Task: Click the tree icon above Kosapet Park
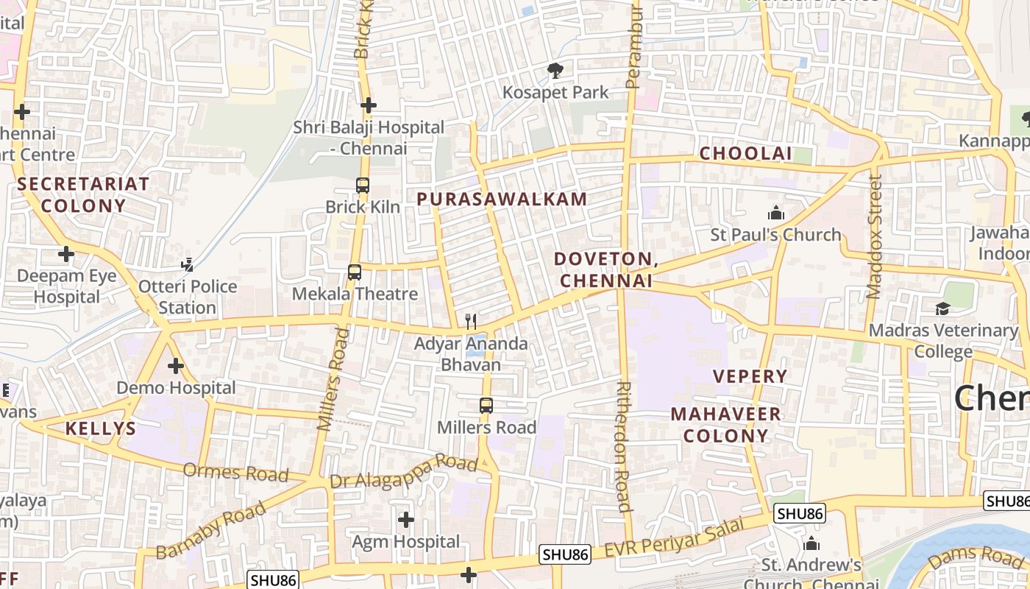coord(555,71)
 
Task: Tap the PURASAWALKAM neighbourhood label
coord(502,199)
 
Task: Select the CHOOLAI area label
coord(745,153)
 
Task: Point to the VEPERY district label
coord(750,376)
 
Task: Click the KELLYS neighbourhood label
coord(101,428)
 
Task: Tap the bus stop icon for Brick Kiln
coord(363,186)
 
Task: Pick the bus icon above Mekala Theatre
coord(355,272)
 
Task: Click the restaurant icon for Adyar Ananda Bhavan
coord(471,322)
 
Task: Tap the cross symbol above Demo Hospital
coord(175,365)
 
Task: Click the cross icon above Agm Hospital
coord(405,521)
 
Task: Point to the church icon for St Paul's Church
coord(775,214)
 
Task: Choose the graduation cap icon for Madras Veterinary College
coord(942,308)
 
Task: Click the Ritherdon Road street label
coord(623,446)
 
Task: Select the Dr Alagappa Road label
coord(404,473)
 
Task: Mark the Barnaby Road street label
coord(211,530)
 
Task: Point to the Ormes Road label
coord(235,472)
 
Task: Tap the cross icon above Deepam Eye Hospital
coord(66,255)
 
